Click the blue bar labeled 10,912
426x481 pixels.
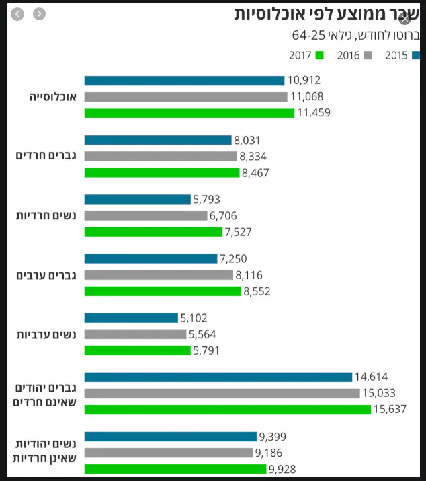[184, 81]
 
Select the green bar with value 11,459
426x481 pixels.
[189, 113]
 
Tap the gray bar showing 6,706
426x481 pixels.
[146, 216]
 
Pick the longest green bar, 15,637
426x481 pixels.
[228, 409]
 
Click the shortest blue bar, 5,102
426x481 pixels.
[131, 318]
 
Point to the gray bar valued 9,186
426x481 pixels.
[169, 453]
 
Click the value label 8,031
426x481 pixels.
[247, 140]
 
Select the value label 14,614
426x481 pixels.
[372, 377]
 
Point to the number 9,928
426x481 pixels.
[283, 469]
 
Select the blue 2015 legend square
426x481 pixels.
[417, 56]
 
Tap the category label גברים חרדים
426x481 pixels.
[46, 156]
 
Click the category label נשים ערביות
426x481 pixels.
[46, 334]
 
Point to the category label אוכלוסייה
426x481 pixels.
[53, 97]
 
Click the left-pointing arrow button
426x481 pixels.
[17, 14]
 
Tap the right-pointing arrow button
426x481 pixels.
[39, 14]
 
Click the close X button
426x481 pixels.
[404, 19]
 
